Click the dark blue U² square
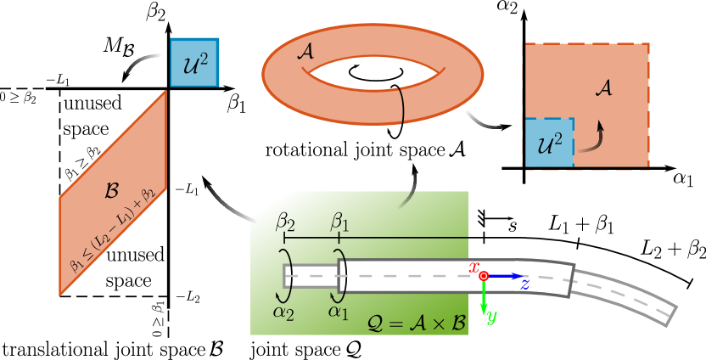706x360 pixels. pyautogui.click(x=194, y=62)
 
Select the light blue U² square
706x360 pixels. pyautogui.click(x=549, y=143)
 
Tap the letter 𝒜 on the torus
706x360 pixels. pyautogui.click(x=305, y=52)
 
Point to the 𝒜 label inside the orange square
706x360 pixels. pyautogui.click(x=603, y=87)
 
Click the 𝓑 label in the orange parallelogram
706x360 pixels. pyautogui.click(x=111, y=190)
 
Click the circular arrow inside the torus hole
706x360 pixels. pyautogui.click(x=374, y=74)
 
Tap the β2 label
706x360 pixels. pyautogui.click(x=285, y=222)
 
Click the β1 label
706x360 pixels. pyautogui.click(x=339, y=222)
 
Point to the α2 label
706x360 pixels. pyautogui.click(x=283, y=312)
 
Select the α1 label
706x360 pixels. pyautogui.click(x=339, y=312)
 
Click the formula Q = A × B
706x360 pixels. pyautogui.click(x=417, y=323)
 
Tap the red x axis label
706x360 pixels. pyautogui.click(x=474, y=267)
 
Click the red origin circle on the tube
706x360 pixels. pyautogui.click(x=484, y=276)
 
